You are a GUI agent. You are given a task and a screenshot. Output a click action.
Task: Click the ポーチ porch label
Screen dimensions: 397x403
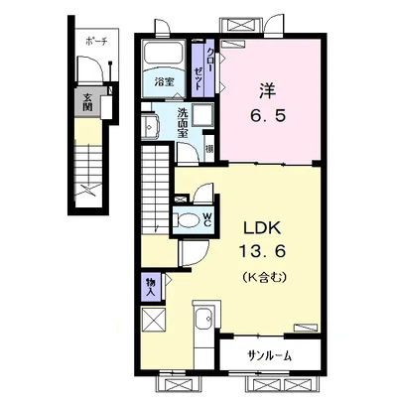[97, 41]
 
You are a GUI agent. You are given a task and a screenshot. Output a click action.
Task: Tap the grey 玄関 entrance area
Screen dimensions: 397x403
[87, 102]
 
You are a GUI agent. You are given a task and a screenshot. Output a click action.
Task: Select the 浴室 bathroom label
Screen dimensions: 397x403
[164, 81]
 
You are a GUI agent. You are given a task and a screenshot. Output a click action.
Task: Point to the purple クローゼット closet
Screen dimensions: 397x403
[203, 68]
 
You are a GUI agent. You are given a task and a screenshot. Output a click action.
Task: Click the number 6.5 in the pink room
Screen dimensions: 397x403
[267, 116]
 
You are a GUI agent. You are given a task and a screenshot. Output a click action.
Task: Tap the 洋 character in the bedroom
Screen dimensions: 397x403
[268, 90]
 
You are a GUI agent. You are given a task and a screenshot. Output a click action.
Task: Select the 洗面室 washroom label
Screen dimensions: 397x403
[183, 123]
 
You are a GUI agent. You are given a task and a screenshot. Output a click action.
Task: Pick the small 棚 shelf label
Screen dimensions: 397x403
[209, 149]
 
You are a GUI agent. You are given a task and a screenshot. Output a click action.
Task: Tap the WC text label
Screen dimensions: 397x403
[206, 219]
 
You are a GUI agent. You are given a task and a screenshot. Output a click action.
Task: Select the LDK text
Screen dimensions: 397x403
[262, 228]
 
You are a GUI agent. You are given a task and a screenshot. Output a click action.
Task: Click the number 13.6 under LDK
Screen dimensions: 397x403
[262, 252]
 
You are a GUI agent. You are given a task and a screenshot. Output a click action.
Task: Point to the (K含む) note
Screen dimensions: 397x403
[264, 276]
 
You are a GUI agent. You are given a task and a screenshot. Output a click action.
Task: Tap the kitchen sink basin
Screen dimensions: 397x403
[203, 319]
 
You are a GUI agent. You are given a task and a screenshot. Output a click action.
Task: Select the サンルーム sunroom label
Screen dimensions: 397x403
[270, 356]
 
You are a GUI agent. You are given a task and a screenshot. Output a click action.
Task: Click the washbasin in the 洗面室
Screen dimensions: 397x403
[150, 126]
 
